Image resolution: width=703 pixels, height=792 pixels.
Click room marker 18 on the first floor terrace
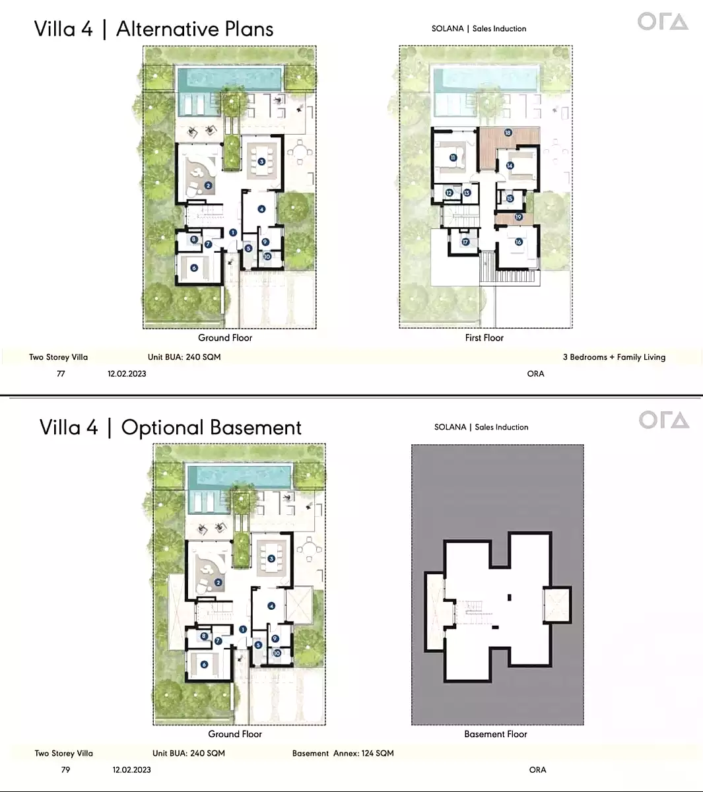(x=508, y=133)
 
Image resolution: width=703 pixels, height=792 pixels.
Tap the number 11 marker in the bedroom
(x=453, y=158)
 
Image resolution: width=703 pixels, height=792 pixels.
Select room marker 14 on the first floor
(x=510, y=166)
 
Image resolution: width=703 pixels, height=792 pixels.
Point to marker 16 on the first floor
(x=518, y=242)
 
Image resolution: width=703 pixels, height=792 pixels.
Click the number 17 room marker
(x=465, y=242)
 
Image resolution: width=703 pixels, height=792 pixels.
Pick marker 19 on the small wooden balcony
(x=518, y=217)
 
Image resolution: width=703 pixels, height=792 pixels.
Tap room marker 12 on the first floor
(x=449, y=193)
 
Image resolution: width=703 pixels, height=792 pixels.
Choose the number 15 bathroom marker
(x=510, y=199)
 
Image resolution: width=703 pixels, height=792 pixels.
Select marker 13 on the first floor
(x=467, y=193)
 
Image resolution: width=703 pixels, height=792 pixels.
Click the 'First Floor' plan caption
(x=484, y=338)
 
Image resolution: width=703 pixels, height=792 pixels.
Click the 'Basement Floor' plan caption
(x=495, y=734)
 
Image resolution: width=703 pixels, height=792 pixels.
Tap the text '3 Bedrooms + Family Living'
(x=614, y=357)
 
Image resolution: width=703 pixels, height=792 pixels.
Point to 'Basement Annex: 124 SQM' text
(x=343, y=753)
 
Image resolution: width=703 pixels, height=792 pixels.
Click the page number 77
(x=61, y=374)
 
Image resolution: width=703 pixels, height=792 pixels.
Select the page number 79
(x=65, y=770)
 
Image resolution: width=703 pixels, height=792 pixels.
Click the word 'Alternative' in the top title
(x=165, y=29)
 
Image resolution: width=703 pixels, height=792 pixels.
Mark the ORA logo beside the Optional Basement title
(x=663, y=420)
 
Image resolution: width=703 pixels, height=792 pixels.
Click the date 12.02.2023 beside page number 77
(x=127, y=374)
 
